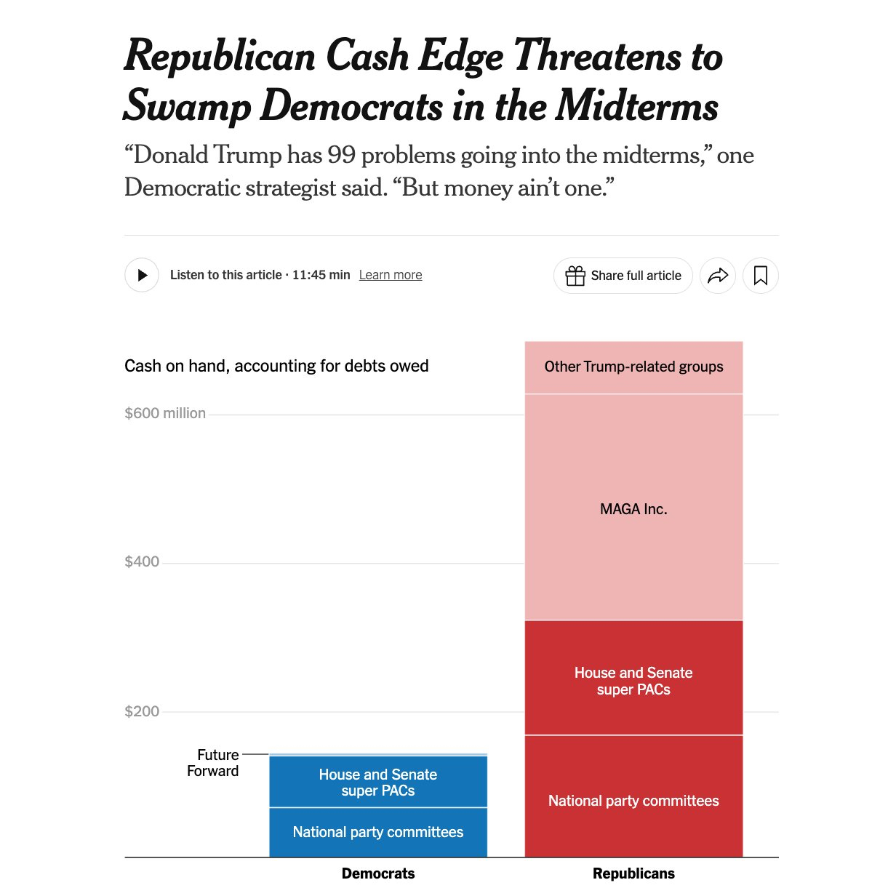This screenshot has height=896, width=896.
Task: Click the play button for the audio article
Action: [142, 276]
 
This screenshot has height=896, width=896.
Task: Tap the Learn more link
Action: [391, 275]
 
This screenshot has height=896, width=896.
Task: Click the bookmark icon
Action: [761, 276]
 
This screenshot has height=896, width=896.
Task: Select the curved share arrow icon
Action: [718, 276]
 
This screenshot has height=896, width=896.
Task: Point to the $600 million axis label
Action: [165, 413]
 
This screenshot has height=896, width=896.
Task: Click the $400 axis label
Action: [142, 561]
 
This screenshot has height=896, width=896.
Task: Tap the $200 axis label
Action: [142, 711]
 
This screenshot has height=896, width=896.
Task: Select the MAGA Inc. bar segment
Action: [633, 509]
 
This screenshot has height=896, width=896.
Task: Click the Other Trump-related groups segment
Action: [633, 367]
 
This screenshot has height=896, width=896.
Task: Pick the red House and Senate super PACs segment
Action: [633, 681]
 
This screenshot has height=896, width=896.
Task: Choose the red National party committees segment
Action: [633, 801]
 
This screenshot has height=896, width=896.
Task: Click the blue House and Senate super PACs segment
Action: [378, 783]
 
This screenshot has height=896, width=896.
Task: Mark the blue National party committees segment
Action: [378, 832]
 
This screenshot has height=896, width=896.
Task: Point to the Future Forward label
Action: [214, 763]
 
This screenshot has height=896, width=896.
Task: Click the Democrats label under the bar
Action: [378, 873]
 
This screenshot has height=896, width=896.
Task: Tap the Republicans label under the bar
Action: [633, 873]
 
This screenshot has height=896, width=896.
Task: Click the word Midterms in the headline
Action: [637, 106]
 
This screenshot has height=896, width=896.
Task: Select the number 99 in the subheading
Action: [341, 155]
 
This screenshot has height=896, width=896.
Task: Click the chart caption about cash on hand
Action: [276, 366]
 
